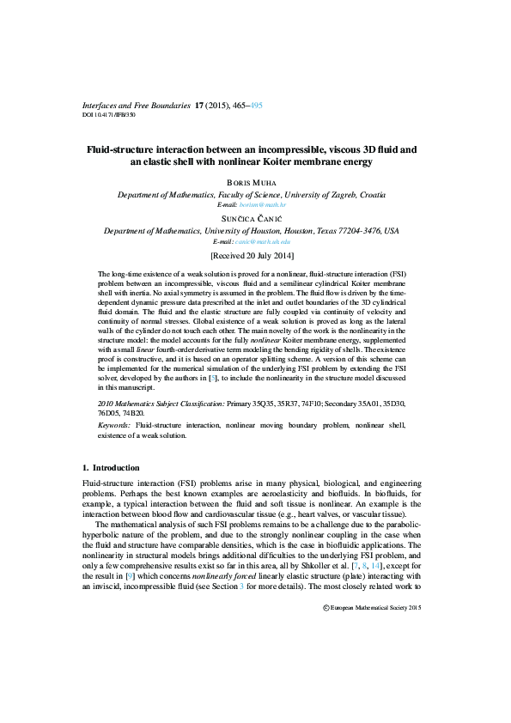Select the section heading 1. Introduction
pos(110,467)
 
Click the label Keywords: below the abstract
pos(114,424)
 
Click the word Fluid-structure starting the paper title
pos(118,149)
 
